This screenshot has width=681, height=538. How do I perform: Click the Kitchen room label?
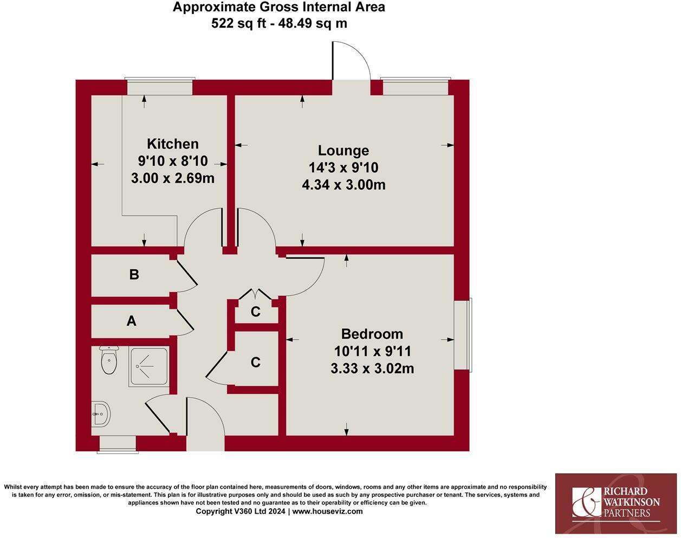point(173,144)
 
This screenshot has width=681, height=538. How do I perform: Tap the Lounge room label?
point(343,151)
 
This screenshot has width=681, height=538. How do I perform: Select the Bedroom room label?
point(372,334)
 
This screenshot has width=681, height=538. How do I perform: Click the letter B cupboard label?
point(134,275)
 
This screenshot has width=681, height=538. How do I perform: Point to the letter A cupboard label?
point(131,321)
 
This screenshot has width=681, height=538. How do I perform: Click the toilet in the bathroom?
point(109,361)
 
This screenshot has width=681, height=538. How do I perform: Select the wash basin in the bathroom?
point(101,414)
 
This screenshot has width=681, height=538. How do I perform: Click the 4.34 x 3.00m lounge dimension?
point(343,185)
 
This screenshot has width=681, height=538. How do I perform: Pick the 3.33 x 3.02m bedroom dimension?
point(372,368)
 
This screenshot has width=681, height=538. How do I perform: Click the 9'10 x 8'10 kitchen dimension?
point(173,161)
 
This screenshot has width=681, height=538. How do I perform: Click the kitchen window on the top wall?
point(159,87)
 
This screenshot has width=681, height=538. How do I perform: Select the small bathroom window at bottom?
point(117,444)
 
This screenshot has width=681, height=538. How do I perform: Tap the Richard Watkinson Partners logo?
point(616,503)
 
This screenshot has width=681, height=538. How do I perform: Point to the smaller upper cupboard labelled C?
point(256,312)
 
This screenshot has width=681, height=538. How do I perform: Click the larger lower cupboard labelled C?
point(256,362)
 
